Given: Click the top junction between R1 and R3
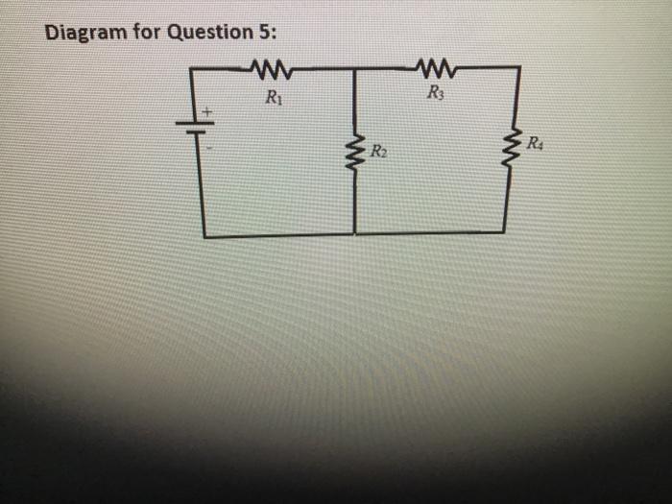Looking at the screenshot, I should pos(354,69).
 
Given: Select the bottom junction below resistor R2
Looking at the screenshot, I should pos(354,234).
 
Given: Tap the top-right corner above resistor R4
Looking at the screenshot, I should pos(519,67).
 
